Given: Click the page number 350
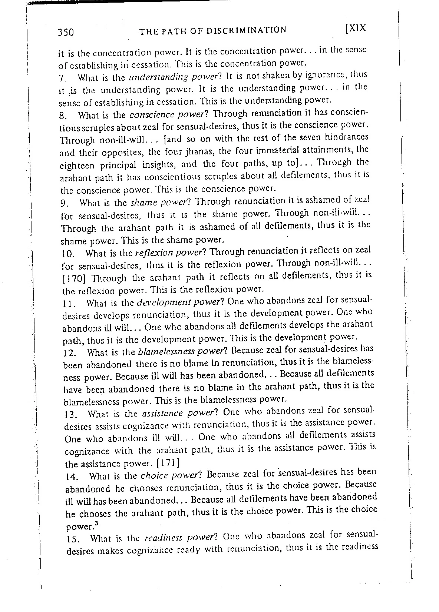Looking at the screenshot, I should (x=66, y=33).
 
